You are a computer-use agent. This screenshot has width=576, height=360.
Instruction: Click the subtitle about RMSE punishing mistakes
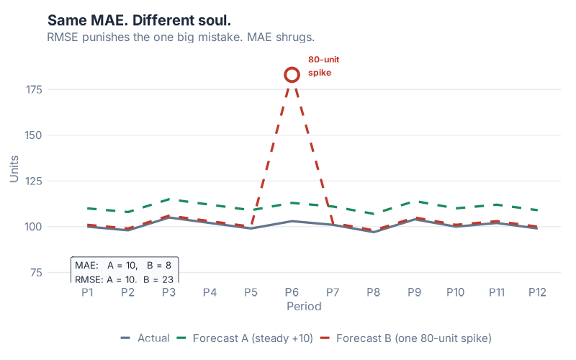pos(181,37)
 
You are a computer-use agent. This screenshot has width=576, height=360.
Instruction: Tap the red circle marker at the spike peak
pos(292,74)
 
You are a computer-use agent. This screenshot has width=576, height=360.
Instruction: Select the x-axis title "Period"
pos(304,306)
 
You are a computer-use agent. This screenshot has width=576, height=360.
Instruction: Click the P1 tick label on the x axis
pos(87,292)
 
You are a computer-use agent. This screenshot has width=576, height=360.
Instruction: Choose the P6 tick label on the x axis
pos(292,292)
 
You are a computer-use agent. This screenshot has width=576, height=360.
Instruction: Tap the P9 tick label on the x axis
pos(414,292)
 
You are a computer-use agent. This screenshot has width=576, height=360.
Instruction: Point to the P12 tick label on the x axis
pos(536,292)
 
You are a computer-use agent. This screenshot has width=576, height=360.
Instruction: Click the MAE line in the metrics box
pos(122,266)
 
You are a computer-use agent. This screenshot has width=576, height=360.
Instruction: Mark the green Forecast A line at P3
pos(168,199)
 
